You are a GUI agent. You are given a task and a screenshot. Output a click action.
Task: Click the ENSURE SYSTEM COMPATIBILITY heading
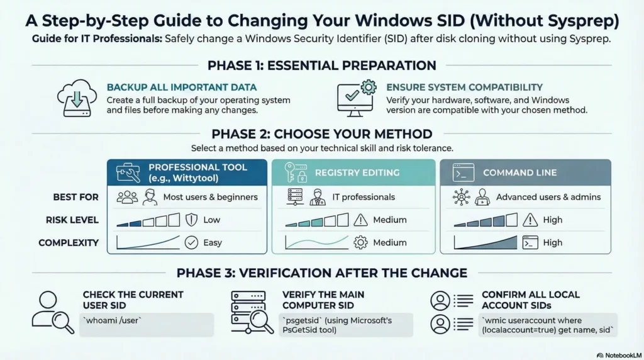[464, 87]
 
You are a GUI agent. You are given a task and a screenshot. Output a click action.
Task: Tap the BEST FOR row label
[76, 197]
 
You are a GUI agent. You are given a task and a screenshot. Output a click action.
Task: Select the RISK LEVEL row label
[72, 220]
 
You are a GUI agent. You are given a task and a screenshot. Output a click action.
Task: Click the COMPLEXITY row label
[69, 243]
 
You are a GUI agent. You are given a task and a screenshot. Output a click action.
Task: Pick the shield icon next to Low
[192, 220]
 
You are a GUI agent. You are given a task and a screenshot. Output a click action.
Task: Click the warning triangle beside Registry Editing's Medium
[361, 220]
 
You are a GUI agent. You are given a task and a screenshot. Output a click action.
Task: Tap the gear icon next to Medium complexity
[361, 242]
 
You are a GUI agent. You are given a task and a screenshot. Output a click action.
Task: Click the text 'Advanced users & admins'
[548, 197]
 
